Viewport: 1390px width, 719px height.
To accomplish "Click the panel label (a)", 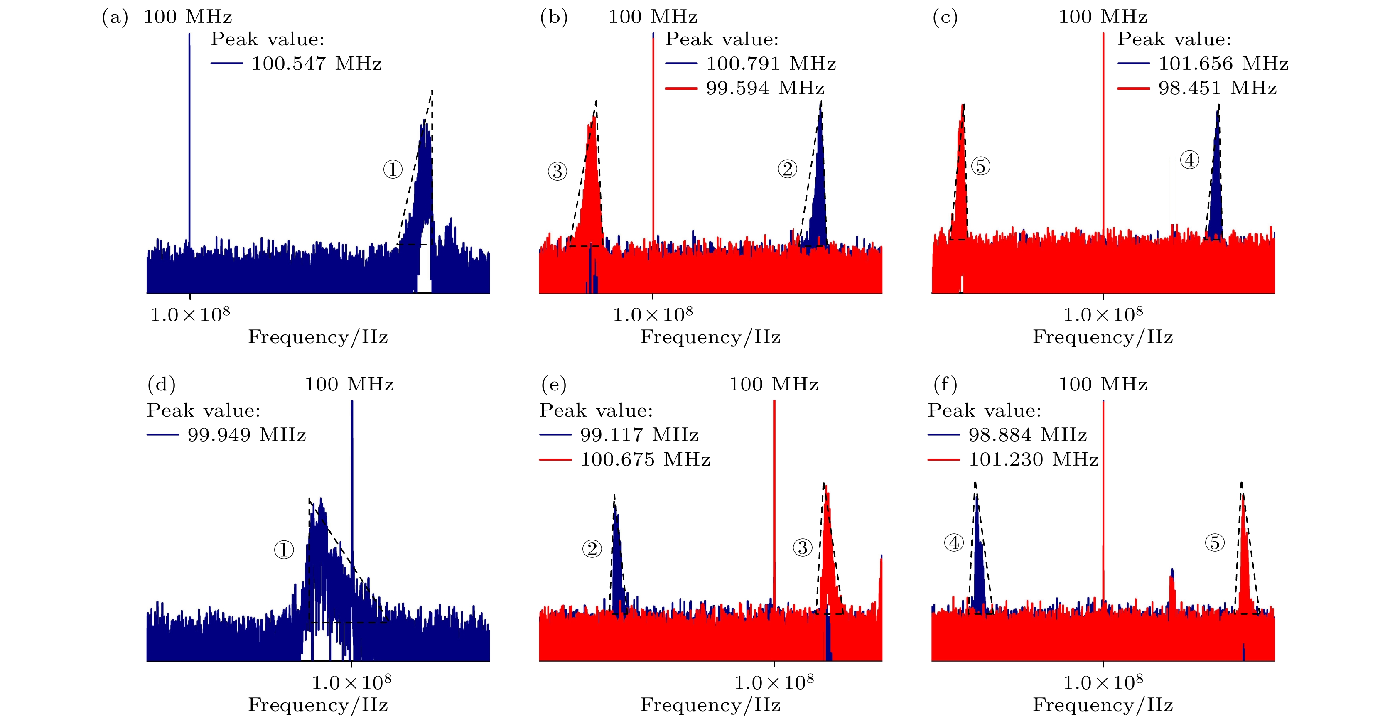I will [115, 17].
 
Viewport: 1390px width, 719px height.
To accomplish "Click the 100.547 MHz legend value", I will [316, 64].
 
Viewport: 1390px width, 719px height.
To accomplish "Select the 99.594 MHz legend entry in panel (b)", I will [765, 88].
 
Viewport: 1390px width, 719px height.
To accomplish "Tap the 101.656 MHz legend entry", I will [1223, 64].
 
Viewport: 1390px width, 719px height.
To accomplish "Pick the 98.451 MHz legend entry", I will [1217, 88].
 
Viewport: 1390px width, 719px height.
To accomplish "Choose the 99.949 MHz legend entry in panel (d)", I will [247, 435].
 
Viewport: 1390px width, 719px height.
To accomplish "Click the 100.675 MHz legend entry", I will [645, 459].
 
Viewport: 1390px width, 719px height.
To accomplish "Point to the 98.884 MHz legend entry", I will [1027, 435].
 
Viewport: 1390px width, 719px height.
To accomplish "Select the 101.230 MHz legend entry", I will [1033, 459].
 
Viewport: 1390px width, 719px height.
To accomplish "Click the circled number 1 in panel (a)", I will [393, 170].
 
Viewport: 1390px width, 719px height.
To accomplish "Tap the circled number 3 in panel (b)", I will [557, 172].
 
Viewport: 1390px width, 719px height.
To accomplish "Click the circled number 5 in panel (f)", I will [1215, 542].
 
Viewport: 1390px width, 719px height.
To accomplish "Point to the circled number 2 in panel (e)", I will [592, 549].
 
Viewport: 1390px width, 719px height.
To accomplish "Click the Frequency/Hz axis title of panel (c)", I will [1103, 337].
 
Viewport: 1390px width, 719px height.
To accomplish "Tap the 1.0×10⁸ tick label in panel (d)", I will [351, 682].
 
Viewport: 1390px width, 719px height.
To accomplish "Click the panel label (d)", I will [161, 385].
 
